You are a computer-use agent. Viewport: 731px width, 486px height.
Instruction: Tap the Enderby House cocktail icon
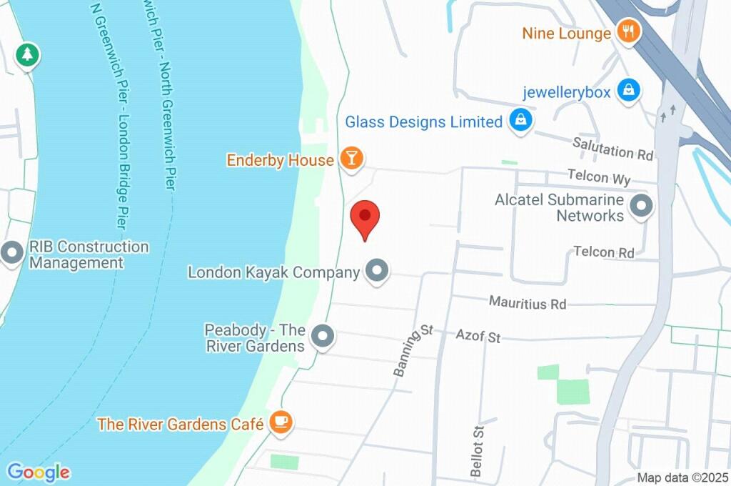(x=351, y=159)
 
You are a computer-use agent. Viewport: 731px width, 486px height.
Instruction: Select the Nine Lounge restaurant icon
(x=627, y=32)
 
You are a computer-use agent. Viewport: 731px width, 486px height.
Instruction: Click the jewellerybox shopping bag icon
(x=628, y=91)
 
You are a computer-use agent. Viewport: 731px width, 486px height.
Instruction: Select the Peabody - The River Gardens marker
(x=323, y=337)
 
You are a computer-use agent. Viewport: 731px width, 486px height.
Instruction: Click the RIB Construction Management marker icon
(x=12, y=254)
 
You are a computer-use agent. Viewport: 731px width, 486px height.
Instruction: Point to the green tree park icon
(x=27, y=54)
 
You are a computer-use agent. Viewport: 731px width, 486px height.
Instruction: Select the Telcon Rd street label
(x=604, y=252)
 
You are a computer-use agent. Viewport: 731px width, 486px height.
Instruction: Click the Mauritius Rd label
(x=528, y=303)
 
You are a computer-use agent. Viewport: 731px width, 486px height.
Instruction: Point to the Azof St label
(x=478, y=335)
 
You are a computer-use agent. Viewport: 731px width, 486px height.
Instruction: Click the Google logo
(x=39, y=472)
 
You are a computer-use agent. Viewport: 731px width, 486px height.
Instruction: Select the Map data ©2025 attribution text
(x=682, y=478)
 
